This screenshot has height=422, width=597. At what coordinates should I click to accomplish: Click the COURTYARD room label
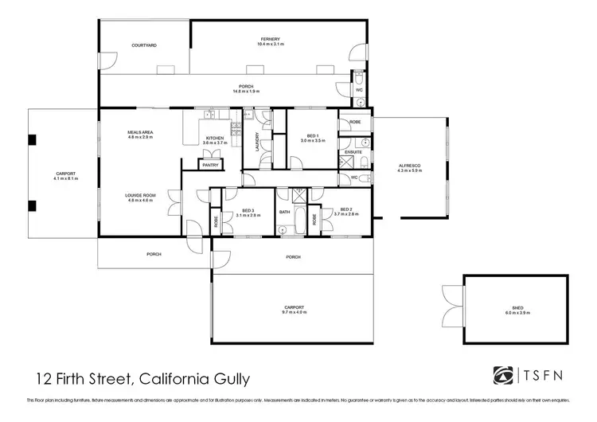(x=144, y=45)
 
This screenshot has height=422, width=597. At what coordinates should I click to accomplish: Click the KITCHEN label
(x=215, y=138)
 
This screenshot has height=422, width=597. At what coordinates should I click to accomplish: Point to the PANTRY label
(x=210, y=165)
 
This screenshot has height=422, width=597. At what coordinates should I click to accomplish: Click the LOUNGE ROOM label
(x=139, y=195)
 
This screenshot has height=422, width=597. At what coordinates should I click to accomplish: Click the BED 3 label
(x=245, y=209)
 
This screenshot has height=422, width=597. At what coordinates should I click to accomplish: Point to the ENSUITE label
(x=353, y=151)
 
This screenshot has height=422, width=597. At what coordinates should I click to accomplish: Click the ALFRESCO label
(x=409, y=165)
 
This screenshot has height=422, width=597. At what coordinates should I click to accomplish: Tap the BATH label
(x=284, y=212)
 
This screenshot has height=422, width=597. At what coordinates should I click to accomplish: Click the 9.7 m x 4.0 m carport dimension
(x=295, y=312)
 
